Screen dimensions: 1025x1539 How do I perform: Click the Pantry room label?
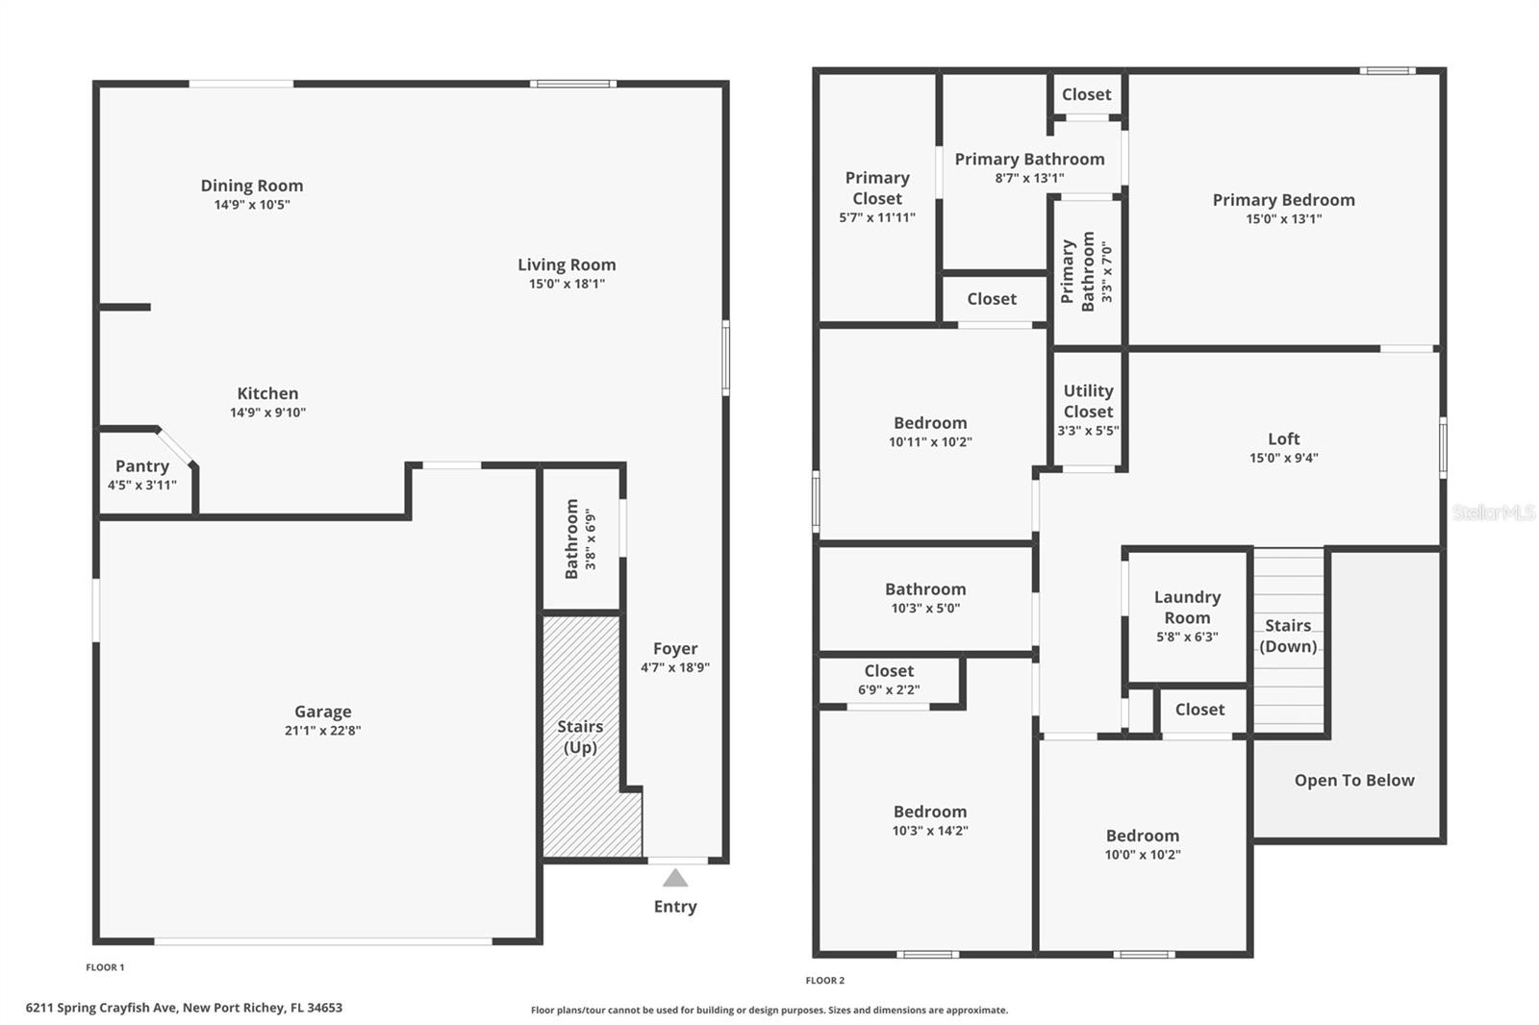click(x=142, y=466)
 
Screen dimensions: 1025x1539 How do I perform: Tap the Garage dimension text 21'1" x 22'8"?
click(x=322, y=731)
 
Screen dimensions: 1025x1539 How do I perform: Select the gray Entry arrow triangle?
click(x=675, y=878)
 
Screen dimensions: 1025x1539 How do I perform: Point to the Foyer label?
click(x=675, y=649)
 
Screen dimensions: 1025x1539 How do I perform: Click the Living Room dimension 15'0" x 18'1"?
click(x=567, y=284)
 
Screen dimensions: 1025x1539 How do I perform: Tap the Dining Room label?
click(x=252, y=186)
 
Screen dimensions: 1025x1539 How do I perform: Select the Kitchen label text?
click(x=267, y=393)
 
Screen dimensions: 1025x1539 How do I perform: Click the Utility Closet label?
click(x=1088, y=401)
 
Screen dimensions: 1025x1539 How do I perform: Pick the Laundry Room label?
click(x=1187, y=608)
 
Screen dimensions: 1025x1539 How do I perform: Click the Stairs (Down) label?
click(x=1288, y=636)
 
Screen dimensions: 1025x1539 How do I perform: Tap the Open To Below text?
click(x=1354, y=781)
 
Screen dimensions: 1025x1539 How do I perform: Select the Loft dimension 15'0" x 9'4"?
click(x=1283, y=459)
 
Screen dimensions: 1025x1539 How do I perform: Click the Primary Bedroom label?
click(x=1283, y=200)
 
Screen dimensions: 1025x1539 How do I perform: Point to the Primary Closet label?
click(x=877, y=188)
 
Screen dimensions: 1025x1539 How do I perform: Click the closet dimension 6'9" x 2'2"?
click(x=889, y=689)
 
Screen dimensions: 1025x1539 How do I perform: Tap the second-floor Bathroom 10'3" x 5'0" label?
click(x=925, y=589)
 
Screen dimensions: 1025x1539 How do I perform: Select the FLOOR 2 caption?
click(x=825, y=981)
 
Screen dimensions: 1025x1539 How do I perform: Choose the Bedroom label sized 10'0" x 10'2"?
click(x=1142, y=836)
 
